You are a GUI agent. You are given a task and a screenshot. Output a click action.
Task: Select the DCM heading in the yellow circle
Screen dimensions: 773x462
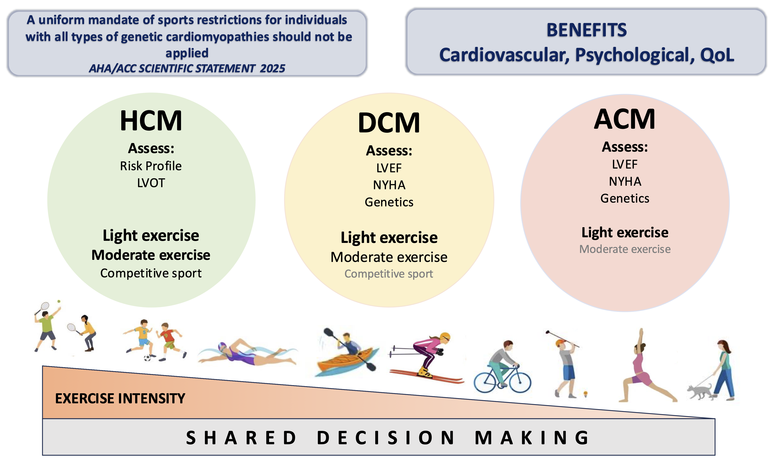(389, 123)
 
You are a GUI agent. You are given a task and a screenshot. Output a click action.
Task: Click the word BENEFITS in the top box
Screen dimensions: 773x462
(586, 30)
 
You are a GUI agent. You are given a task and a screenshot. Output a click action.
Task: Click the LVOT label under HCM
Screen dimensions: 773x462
(151, 183)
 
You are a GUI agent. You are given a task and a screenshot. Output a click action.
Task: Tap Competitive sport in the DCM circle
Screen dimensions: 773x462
(389, 274)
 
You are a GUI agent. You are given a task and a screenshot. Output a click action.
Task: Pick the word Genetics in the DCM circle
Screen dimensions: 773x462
(389, 202)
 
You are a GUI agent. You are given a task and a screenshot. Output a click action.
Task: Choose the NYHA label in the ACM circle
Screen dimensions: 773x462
(625, 181)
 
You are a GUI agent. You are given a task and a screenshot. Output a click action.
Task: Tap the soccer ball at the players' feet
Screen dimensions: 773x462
(147, 358)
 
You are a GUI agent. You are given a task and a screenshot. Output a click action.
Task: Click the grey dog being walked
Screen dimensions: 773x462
(700, 392)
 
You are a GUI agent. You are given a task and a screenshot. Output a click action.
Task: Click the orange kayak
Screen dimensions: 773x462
(345, 363)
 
